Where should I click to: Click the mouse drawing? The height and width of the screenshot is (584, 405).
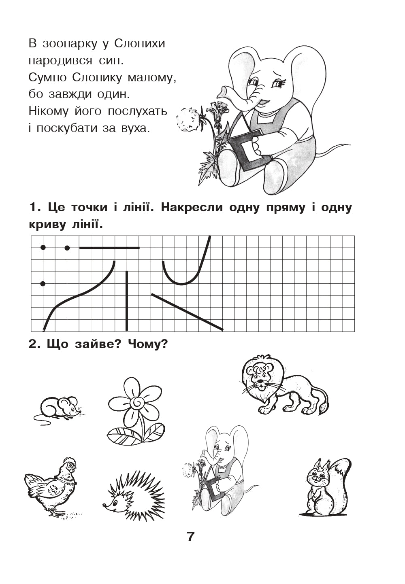tap(58, 408)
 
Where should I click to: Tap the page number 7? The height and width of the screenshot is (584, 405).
tap(190, 537)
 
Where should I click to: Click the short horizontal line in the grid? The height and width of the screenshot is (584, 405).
tap(109, 248)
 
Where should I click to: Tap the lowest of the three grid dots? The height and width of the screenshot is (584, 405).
tap(43, 284)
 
